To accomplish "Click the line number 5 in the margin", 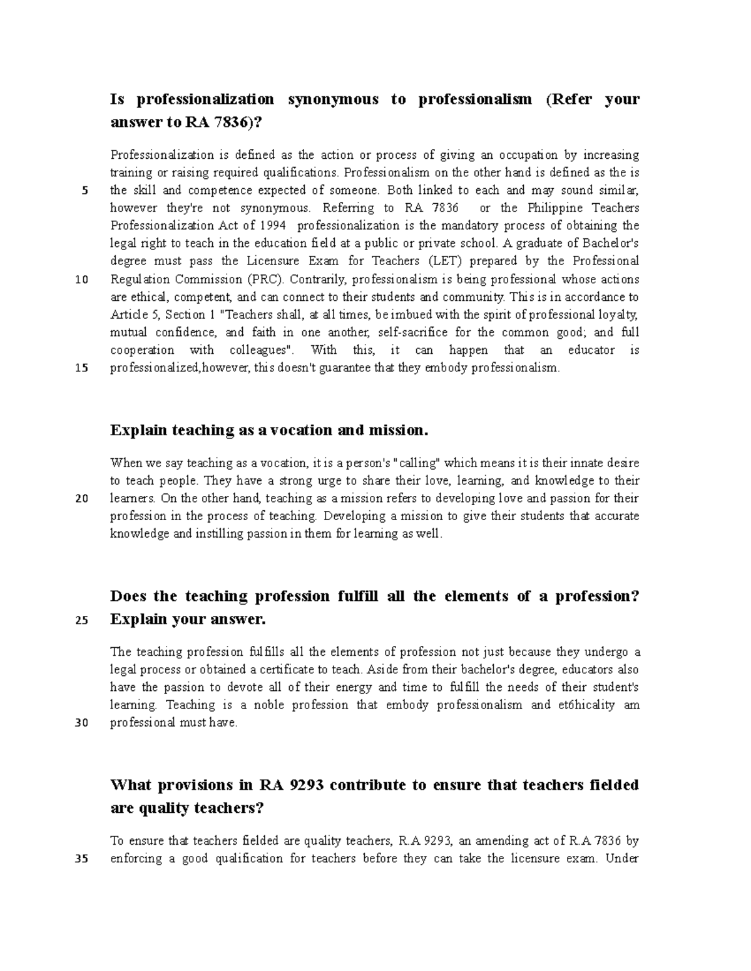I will pyautogui.click(x=84, y=191).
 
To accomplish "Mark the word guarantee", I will pyautogui.click(x=345, y=368).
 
